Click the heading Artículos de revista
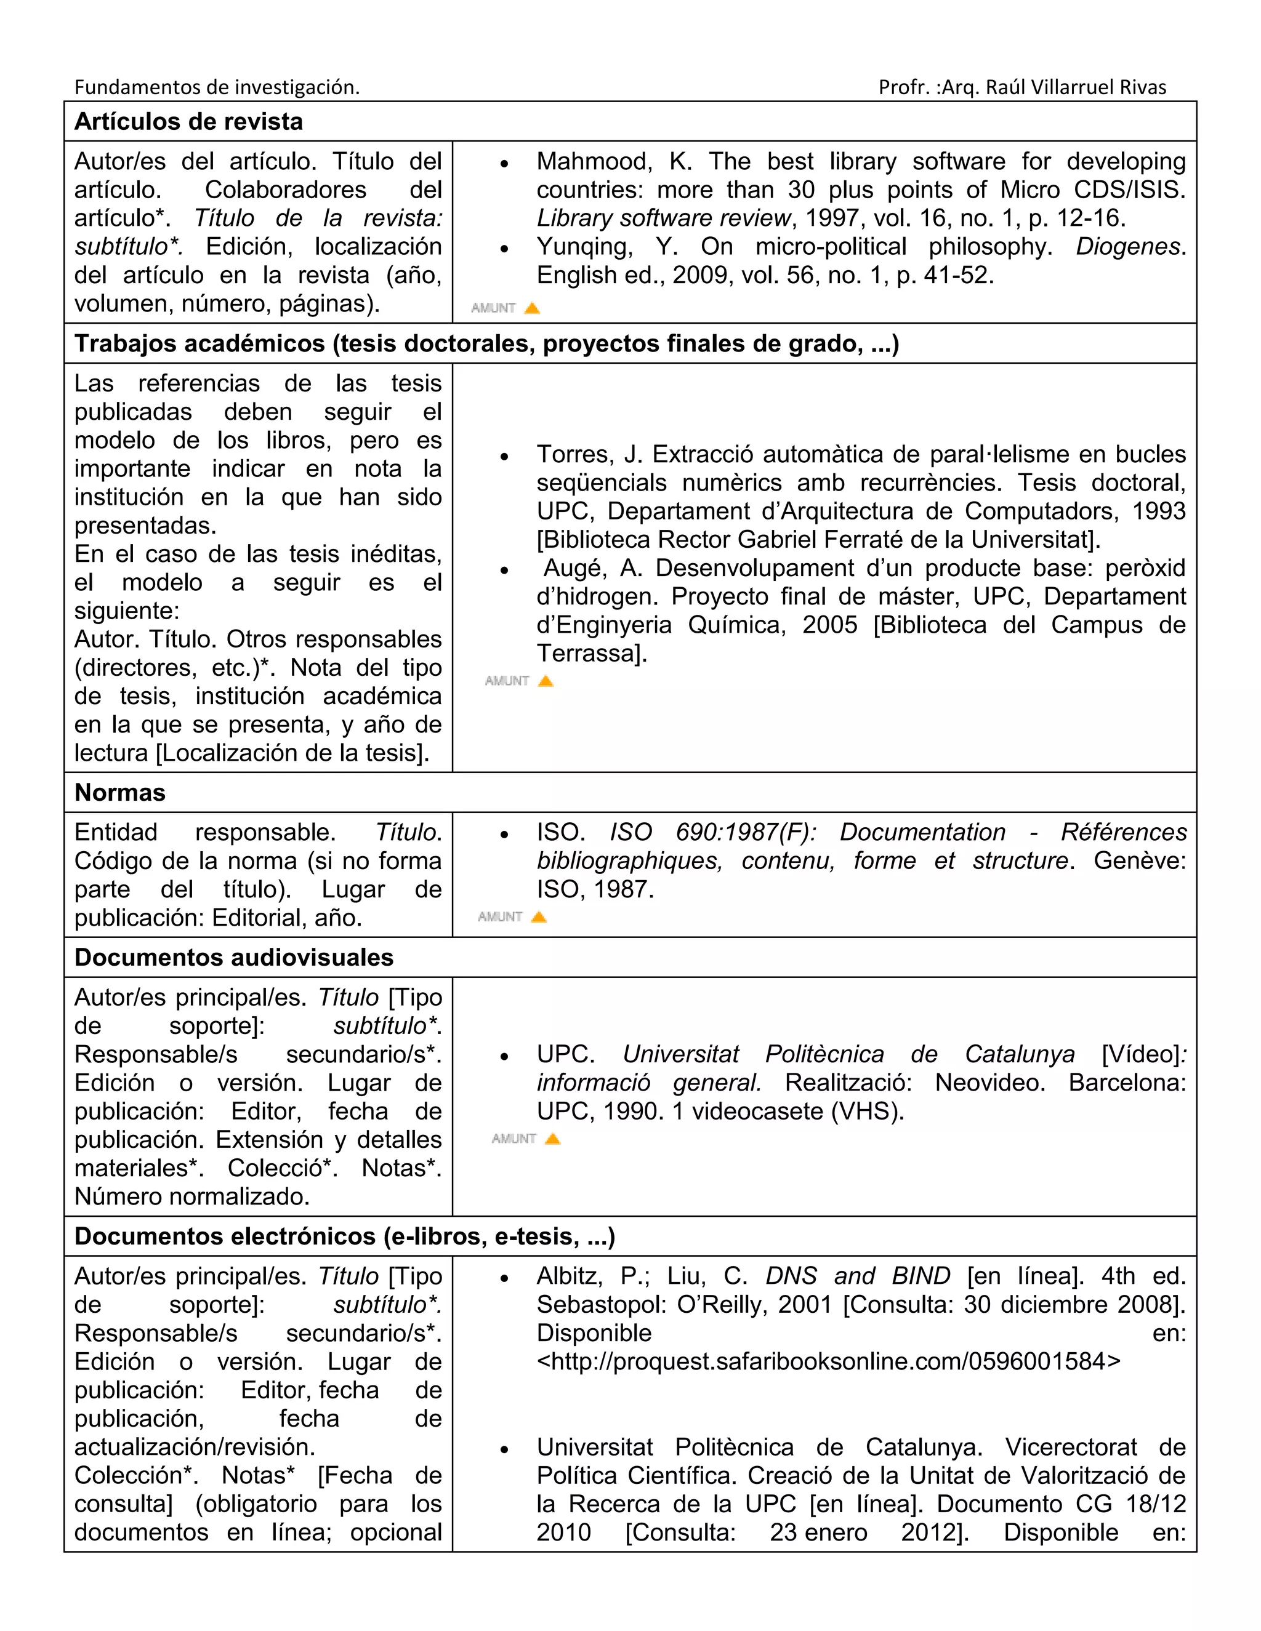click(188, 122)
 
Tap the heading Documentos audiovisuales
click(233, 958)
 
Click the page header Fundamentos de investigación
click(217, 87)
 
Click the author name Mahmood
click(593, 161)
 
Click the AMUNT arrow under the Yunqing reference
click(532, 308)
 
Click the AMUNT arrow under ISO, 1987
click(539, 917)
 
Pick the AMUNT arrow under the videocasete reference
click(552, 1139)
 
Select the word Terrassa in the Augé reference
click(591, 654)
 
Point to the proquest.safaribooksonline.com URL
click(829, 1361)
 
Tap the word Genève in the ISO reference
click(1138, 860)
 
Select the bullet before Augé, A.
click(505, 571)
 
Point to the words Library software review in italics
click(663, 218)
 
